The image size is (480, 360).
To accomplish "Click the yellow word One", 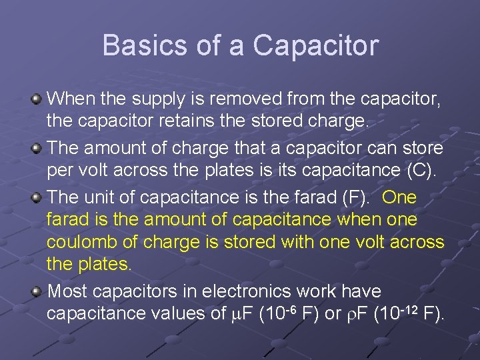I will [400, 197].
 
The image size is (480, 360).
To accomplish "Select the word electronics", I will [239, 291].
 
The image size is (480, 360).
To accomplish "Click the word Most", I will [69, 291].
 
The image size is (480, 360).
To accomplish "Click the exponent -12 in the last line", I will [408, 309].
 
